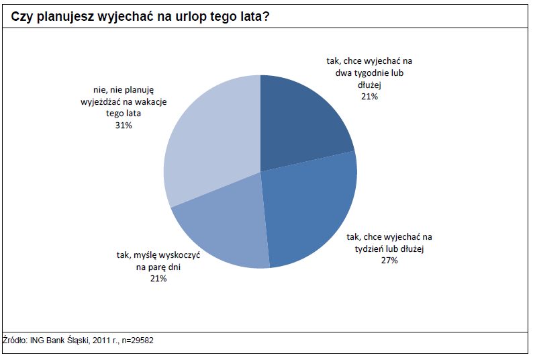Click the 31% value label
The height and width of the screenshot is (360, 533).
click(124, 125)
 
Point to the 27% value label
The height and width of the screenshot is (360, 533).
click(389, 260)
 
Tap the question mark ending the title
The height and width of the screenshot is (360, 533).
click(267, 17)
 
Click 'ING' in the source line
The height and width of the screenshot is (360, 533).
click(38, 341)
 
